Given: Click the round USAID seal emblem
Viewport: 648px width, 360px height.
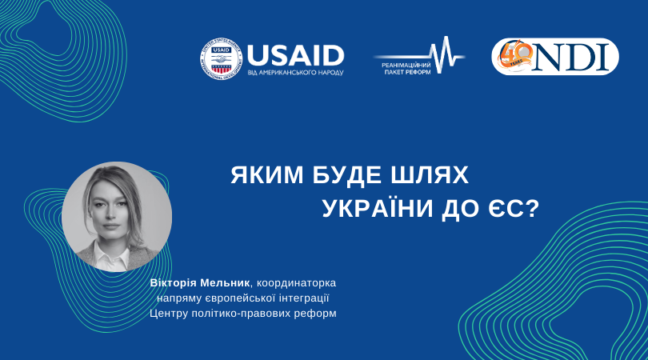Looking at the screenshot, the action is [221, 58].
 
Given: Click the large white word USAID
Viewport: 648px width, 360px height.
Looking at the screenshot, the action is [295, 55].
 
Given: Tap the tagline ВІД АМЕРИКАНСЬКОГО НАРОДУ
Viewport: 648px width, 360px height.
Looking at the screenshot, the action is [295, 73].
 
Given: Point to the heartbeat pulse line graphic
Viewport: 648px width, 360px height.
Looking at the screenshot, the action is [419, 55].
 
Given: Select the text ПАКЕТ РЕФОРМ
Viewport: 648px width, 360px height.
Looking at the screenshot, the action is [402, 72].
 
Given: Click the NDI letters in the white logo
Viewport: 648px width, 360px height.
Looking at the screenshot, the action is [571, 58].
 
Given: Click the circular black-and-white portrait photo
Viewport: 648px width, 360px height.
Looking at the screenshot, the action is [117, 217].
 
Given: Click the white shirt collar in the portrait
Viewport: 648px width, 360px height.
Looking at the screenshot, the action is [110, 255].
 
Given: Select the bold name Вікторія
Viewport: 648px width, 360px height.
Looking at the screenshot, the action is [174, 283].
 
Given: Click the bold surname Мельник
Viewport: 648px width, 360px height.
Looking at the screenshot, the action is [225, 283].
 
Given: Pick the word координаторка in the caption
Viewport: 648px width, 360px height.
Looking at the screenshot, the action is [296, 283].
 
